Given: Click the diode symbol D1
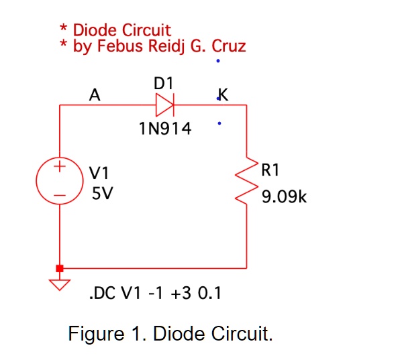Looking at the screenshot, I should pyautogui.click(x=165, y=105).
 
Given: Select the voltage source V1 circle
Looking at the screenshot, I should pyautogui.click(x=60, y=180).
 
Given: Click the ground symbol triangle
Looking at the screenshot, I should pyautogui.click(x=60, y=284).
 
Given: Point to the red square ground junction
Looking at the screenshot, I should pyautogui.click(x=60, y=268).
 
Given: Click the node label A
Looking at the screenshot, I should pyautogui.click(x=95, y=95).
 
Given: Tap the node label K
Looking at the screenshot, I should pyautogui.click(x=223, y=95).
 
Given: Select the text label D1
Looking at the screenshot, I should pyautogui.click(x=164, y=83).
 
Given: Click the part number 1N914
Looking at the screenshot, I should pyautogui.click(x=164, y=129).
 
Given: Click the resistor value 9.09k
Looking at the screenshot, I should pyautogui.click(x=284, y=198).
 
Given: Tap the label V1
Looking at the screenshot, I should pyautogui.click(x=101, y=174).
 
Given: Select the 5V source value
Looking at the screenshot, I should pyautogui.click(x=101, y=194).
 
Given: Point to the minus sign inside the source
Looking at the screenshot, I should pyautogui.click(x=60, y=196).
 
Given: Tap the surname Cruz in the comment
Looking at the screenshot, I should pyautogui.click(x=228, y=46).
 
